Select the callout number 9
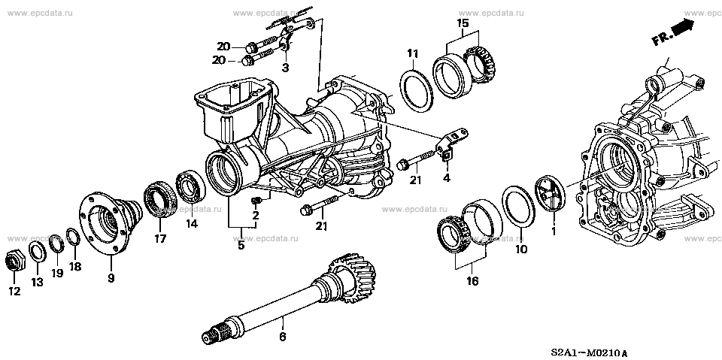pyautogui.click(x=111, y=279)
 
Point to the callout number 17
pyautogui.click(x=159, y=240)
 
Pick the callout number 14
pyautogui.click(x=191, y=223)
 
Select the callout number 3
pyautogui.click(x=285, y=68)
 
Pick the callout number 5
pyautogui.click(x=241, y=244)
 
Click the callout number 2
pyautogui.click(x=255, y=216)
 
